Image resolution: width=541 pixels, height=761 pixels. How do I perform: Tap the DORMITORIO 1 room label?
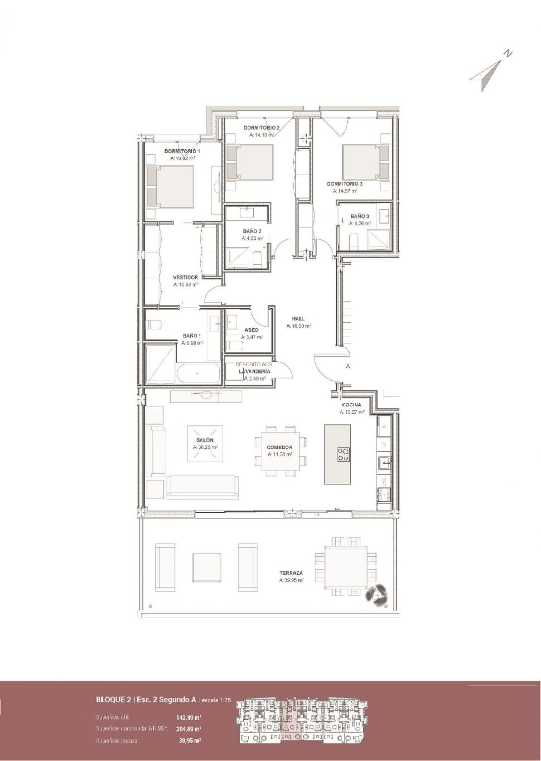[x=182, y=151]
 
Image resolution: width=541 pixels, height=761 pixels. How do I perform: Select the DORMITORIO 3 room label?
[x=345, y=184]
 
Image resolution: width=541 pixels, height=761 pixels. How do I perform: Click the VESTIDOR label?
[x=185, y=278]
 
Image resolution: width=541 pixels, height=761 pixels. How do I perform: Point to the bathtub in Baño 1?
[x=198, y=374]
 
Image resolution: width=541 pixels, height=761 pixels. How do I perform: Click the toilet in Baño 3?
[x=354, y=240]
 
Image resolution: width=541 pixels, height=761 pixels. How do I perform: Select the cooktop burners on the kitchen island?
[x=343, y=454]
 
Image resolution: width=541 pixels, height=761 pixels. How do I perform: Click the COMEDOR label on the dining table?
[x=280, y=447]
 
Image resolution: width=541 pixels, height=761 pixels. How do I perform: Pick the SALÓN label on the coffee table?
[x=205, y=440]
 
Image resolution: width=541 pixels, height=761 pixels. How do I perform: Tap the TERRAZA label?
[x=291, y=573]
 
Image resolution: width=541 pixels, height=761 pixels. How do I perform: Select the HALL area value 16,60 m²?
[x=299, y=326]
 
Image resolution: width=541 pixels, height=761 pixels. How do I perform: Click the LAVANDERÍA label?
[x=254, y=371]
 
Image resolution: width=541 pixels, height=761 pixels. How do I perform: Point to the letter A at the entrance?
[x=348, y=367]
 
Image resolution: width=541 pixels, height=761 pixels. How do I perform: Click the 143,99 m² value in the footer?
[x=188, y=707]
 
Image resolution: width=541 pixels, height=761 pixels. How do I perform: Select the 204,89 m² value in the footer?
[x=188, y=718]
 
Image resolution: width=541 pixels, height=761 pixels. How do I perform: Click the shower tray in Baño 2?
[x=237, y=256]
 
